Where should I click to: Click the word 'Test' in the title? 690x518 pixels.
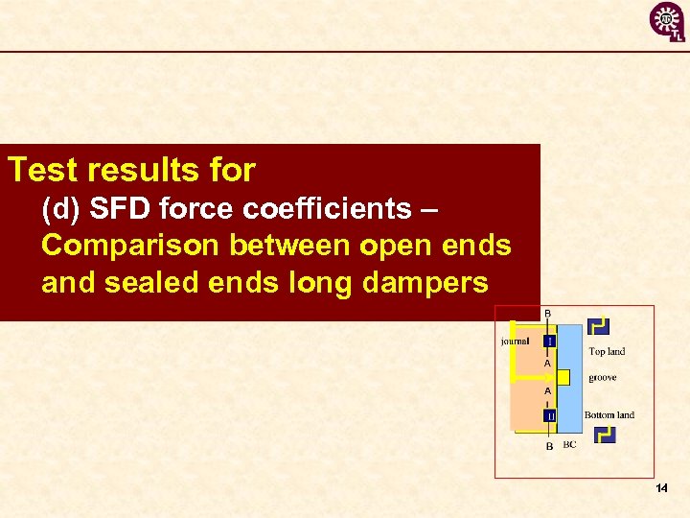(38, 171)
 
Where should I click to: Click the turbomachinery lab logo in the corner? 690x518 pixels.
(667, 22)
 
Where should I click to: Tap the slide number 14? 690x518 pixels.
(661, 489)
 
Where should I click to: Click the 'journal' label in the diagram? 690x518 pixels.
(515, 341)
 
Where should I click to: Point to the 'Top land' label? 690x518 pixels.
(607, 352)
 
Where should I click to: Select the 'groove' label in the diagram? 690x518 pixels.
(603, 378)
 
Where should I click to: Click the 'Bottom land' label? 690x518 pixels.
(609, 415)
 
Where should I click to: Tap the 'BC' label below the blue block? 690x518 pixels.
(569, 445)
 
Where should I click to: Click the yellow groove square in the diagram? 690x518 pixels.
(563, 377)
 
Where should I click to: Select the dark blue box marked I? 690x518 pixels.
(549, 341)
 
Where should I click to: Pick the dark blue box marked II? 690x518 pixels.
(550, 415)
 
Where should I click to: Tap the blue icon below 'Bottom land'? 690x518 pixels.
(604, 435)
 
